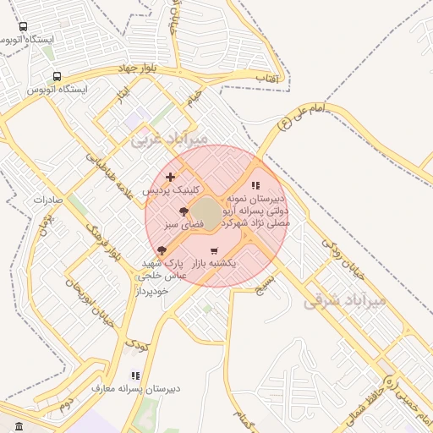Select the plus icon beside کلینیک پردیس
pos(171,177)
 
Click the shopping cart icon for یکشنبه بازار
pos(213,250)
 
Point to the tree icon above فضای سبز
pos(184,211)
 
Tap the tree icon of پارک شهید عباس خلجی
pos(162,250)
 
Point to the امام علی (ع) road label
pos(310,118)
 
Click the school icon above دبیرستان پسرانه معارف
pos(135,375)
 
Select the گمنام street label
pos(246,415)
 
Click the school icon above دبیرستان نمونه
pos(256,186)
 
